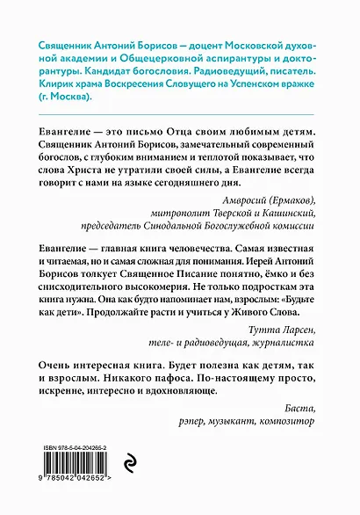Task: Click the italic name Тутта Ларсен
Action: pyautogui.click(x=288, y=352)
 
